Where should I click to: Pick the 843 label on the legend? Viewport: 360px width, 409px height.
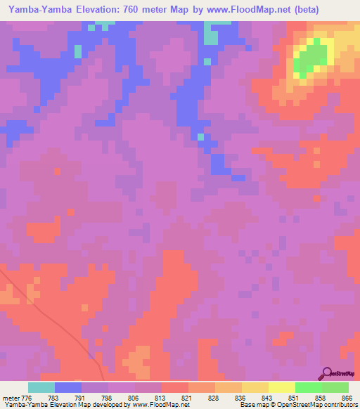tap(269, 397)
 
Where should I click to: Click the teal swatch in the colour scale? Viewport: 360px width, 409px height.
tap(41, 387)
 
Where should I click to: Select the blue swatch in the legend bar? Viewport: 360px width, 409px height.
tap(68, 387)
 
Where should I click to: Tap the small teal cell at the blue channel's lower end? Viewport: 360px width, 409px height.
tap(201, 136)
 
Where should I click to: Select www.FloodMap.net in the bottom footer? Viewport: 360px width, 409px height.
tap(131, 405)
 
